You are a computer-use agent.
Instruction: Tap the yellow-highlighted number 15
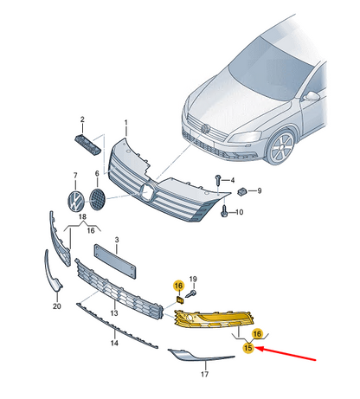click(248, 348)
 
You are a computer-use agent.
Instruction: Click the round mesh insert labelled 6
click(97, 199)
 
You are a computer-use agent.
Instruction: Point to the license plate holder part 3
click(115, 261)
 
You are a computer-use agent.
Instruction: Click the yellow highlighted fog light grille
click(214, 319)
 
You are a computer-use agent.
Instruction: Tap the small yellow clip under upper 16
click(180, 299)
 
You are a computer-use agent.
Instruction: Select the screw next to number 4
click(218, 180)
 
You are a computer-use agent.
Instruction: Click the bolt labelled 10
click(224, 212)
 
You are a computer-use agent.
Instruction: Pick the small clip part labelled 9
click(241, 191)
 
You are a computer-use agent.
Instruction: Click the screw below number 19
click(191, 294)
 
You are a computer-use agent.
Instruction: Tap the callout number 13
click(114, 312)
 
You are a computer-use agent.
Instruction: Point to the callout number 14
click(114, 343)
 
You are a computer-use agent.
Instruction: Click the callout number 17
click(204, 374)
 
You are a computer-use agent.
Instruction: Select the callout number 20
click(57, 306)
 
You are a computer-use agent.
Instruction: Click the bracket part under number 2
click(87, 145)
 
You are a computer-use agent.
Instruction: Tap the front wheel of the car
click(280, 147)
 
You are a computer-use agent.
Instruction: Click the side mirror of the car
click(312, 96)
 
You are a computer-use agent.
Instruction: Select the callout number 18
click(82, 216)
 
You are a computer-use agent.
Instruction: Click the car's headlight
click(245, 137)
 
